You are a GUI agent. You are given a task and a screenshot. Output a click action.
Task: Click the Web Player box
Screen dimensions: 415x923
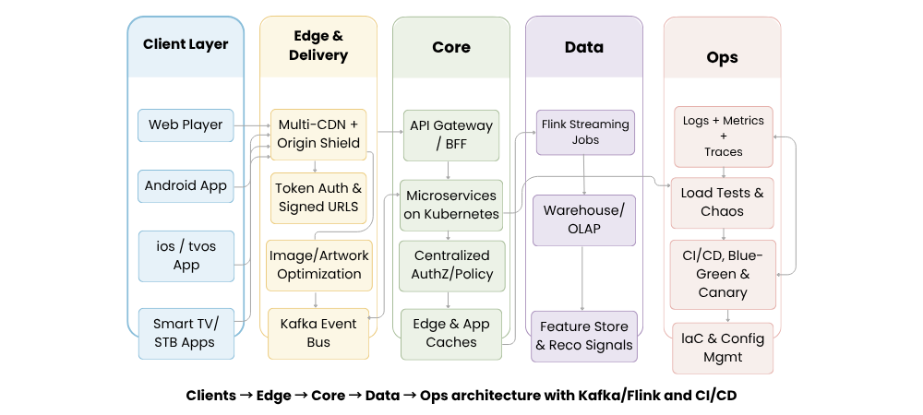click(x=186, y=125)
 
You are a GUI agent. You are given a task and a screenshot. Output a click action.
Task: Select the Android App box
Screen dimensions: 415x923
click(x=186, y=185)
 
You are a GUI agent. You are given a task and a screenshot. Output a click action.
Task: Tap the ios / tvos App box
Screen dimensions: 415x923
click(x=186, y=255)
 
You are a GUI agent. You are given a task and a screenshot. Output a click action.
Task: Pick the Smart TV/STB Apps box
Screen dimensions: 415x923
click(x=186, y=333)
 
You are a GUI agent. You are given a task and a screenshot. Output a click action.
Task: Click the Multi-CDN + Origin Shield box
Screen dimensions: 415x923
click(x=318, y=134)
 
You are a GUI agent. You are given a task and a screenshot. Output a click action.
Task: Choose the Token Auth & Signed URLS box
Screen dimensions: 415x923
click(x=318, y=197)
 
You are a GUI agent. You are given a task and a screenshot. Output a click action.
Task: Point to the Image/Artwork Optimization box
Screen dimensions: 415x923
click(x=319, y=265)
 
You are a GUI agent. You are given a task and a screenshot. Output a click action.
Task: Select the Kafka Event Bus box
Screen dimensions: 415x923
click(x=318, y=333)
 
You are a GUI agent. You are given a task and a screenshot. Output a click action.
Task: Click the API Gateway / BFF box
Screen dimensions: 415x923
click(x=450, y=135)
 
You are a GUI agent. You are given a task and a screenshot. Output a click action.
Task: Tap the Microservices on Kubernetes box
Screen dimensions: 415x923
click(x=450, y=205)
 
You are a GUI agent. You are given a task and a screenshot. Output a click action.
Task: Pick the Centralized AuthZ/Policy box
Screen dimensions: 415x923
click(x=451, y=265)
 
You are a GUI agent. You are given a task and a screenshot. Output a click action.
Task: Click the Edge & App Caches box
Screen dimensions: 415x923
click(x=451, y=333)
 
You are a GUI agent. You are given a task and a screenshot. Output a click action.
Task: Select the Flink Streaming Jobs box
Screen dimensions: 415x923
click(x=585, y=132)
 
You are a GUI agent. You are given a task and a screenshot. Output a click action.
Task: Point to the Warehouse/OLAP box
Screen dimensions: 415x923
click(x=584, y=219)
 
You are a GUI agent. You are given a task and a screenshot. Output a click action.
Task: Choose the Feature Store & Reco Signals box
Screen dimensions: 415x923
click(x=584, y=336)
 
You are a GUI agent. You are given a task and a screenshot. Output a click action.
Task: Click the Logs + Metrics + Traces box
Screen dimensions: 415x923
click(x=723, y=136)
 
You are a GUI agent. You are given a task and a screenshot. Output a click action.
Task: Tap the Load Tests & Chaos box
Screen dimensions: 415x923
click(x=722, y=202)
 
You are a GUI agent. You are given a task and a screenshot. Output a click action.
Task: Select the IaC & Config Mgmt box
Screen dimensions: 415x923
click(x=722, y=348)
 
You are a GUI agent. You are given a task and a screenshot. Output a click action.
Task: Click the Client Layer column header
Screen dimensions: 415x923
click(x=186, y=44)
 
